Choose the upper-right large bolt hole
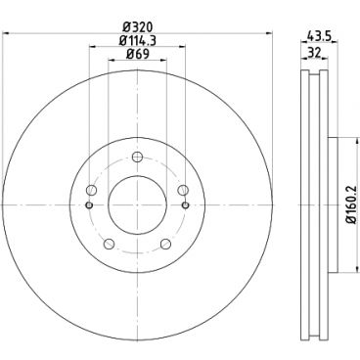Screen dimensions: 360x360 click(181, 191)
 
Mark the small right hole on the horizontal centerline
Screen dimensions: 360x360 click(183, 204)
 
